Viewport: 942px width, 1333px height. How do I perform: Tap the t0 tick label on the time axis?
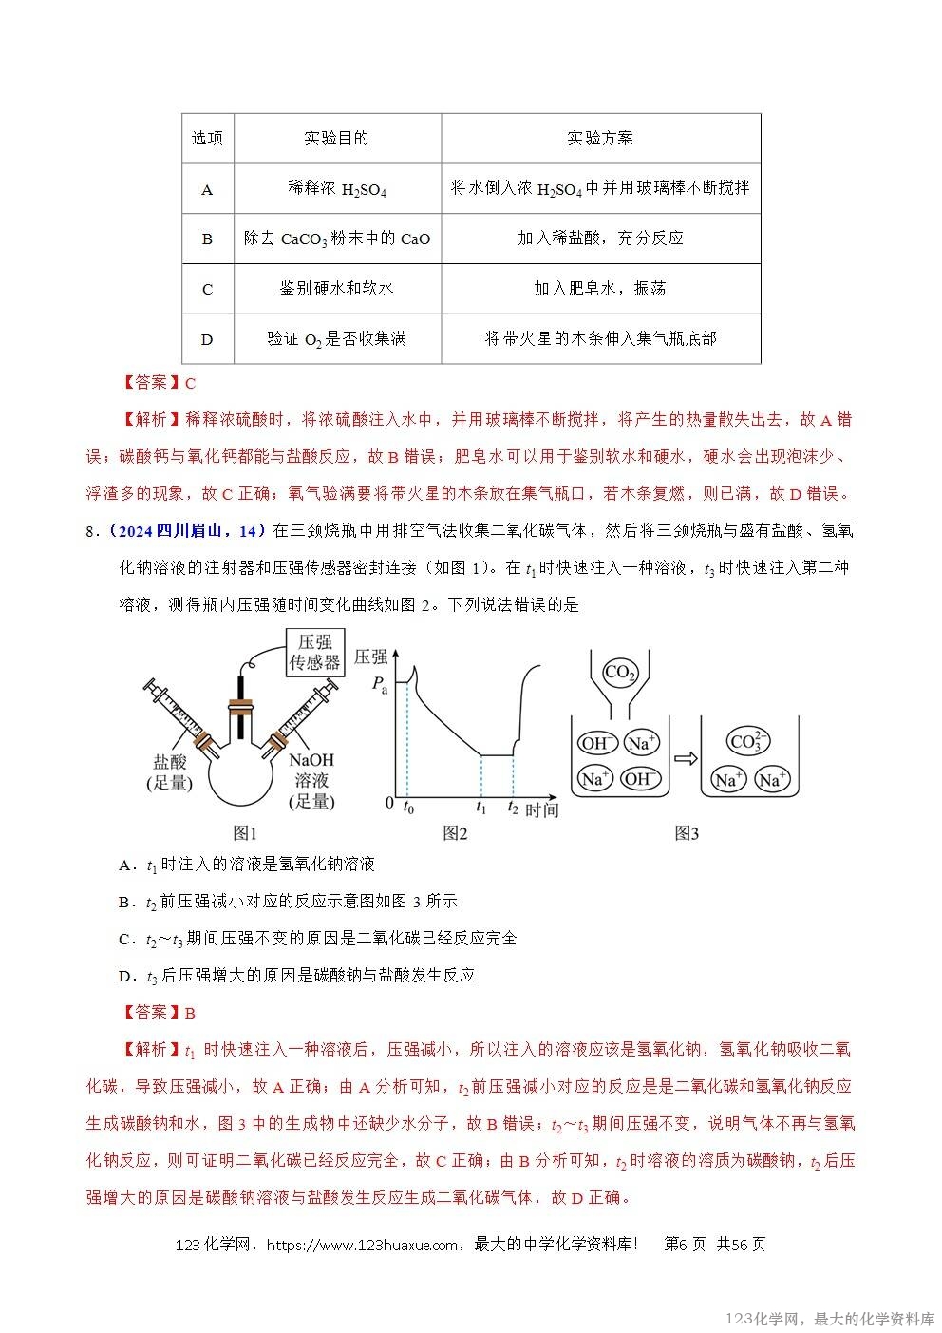408,809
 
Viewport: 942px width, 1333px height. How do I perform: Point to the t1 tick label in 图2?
480,809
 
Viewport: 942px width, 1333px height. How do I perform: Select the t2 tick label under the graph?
513,809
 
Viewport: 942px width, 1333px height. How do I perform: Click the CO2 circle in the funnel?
619,674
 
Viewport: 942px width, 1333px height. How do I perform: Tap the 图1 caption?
245,833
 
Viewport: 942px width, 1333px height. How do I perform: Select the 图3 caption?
686,833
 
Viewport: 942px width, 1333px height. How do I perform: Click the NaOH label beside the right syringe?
311,760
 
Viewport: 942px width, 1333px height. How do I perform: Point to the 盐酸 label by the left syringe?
169,762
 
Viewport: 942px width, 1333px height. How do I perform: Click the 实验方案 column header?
600,139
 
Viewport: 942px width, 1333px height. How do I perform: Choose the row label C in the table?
208,289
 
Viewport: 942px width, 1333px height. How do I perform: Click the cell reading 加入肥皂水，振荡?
600,289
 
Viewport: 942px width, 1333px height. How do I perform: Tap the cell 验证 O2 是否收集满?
337,339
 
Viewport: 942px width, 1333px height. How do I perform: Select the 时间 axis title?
541,810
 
